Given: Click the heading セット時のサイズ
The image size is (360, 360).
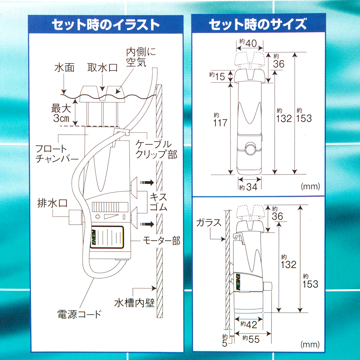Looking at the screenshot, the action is point(257,25).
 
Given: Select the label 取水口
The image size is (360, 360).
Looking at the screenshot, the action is point(103,68).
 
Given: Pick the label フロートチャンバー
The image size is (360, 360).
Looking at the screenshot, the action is point(57,154).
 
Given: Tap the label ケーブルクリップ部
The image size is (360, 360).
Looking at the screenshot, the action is point(156,149).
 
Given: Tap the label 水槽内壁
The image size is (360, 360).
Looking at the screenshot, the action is point(134,302).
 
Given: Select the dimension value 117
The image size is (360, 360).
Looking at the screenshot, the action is point(220,122).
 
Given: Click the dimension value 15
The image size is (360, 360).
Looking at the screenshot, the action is point(220,76).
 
